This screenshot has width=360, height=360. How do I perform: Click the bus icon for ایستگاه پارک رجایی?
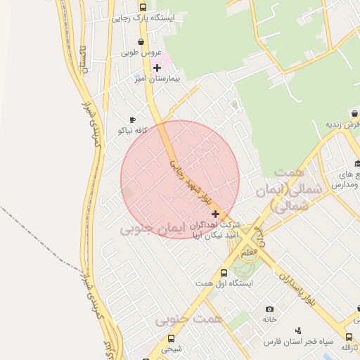pyautogui.click(x=143, y=7)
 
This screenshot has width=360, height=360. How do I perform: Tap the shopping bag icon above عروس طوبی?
pyautogui.click(x=143, y=41)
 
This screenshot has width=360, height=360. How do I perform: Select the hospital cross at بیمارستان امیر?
pyautogui.click(x=157, y=67)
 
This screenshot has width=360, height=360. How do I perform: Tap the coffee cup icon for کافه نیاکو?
pyautogui.click(x=132, y=120)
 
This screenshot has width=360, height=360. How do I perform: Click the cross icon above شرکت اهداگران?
pyautogui.click(x=215, y=214)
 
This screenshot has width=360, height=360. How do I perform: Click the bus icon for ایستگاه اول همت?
pyautogui.click(x=224, y=273)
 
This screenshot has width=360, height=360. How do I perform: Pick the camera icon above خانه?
pyautogui.click(x=270, y=309)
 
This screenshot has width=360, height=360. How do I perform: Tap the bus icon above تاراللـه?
pyautogui.click(x=349, y=336)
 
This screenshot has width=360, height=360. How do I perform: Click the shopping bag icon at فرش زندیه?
pyautogui.click(x=354, y=113)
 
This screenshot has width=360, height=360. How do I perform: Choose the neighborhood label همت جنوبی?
pyautogui.click(x=190, y=320)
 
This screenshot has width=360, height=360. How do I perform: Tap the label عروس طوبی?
pyautogui.click(x=141, y=53)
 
